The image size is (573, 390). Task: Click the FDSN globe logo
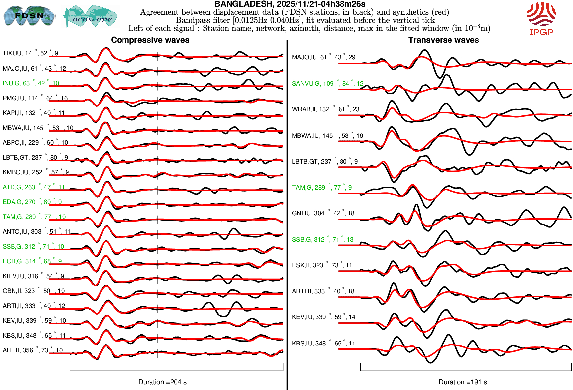pos(29,15)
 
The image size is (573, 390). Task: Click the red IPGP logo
pos(541,18)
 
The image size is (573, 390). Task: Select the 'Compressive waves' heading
pos(150,40)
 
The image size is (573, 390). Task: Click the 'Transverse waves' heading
pos(444,40)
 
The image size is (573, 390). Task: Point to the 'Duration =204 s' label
pos(162,382)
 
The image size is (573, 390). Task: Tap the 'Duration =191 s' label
pos(463,382)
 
